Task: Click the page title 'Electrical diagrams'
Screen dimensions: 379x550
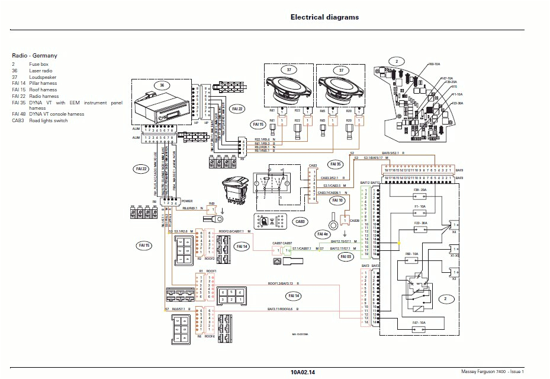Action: pos(324,17)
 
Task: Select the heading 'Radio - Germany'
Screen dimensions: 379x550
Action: pos(34,55)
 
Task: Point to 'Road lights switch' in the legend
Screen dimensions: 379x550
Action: pos(49,120)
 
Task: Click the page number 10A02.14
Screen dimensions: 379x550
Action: pos(303,372)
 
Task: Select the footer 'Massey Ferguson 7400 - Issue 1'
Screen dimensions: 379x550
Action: pos(493,372)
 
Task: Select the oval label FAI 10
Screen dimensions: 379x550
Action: pos(337,200)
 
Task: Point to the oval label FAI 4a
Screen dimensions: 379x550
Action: pos(323,234)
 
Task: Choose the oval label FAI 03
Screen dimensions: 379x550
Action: pos(345,257)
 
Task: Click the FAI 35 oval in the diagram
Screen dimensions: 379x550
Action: pos(336,164)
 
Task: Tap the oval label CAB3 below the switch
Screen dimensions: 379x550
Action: pos(300,222)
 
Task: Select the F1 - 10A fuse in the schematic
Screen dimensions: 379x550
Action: pos(420,210)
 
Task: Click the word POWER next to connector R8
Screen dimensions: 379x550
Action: pos(187,201)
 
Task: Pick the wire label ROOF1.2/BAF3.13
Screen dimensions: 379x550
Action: pos(283,284)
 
